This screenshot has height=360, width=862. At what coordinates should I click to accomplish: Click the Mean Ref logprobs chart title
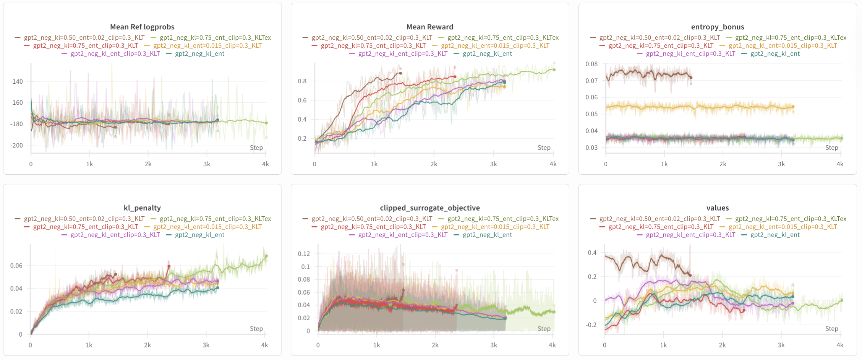(x=142, y=27)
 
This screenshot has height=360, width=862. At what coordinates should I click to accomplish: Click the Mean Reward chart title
(x=430, y=27)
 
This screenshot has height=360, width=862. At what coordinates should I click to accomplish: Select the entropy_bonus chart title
(x=718, y=27)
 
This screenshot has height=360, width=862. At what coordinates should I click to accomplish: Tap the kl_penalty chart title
(x=142, y=208)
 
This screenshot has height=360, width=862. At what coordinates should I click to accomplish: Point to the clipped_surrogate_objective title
(x=430, y=208)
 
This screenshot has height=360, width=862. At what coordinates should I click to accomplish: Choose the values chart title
(x=718, y=208)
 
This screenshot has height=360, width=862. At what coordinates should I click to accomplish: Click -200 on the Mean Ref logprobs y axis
(x=16, y=145)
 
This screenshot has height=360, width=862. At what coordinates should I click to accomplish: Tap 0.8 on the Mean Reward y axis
(x=302, y=81)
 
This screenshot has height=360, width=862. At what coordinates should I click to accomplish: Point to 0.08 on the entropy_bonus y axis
(x=591, y=64)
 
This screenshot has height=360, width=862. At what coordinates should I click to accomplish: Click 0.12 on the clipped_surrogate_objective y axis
(x=304, y=254)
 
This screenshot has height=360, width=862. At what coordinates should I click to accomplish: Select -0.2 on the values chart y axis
(x=591, y=325)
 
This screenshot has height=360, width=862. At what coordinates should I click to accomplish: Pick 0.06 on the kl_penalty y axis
(x=16, y=266)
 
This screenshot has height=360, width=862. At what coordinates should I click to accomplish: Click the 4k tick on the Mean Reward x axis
(x=553, y=164)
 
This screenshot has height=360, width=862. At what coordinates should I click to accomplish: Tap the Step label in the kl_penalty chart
(x=256, y=329)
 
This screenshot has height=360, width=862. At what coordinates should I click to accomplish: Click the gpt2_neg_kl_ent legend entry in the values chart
(x=775, y=235)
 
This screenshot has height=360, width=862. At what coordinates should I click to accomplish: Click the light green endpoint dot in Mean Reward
(x=554, y=70)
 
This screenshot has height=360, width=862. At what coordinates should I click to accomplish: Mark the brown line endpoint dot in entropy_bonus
(x=691, y=78)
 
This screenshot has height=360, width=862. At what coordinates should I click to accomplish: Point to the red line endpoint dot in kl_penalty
(x=169, y=266)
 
